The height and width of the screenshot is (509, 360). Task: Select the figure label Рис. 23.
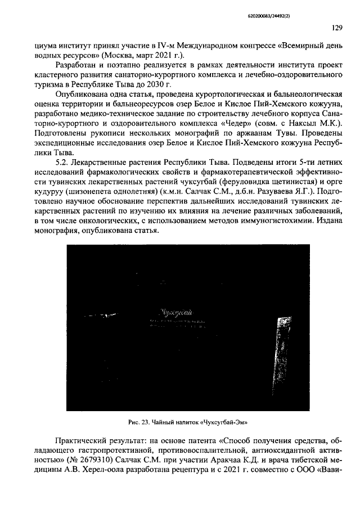click(137, 421)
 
